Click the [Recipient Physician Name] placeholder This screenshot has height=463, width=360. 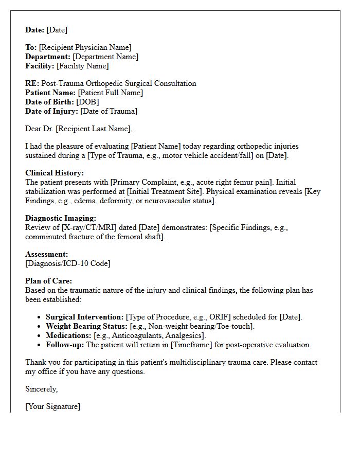(85, 48)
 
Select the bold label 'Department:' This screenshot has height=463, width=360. (48, 57)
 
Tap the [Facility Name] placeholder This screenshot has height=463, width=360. (82, 66)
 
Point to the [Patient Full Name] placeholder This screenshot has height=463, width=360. (110, 93)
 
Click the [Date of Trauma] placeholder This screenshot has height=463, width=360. (109, 112)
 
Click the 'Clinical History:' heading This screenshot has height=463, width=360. (55, 173)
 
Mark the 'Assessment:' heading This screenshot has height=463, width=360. (46, 254)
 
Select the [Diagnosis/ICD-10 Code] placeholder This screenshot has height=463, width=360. (68, 264)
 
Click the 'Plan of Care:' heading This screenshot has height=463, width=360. (49, 281)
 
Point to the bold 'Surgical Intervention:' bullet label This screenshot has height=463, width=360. (85, 317)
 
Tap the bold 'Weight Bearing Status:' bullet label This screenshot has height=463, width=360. (86, 327)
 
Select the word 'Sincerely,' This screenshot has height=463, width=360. (41, 389)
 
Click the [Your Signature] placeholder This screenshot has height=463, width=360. (53, 407)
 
